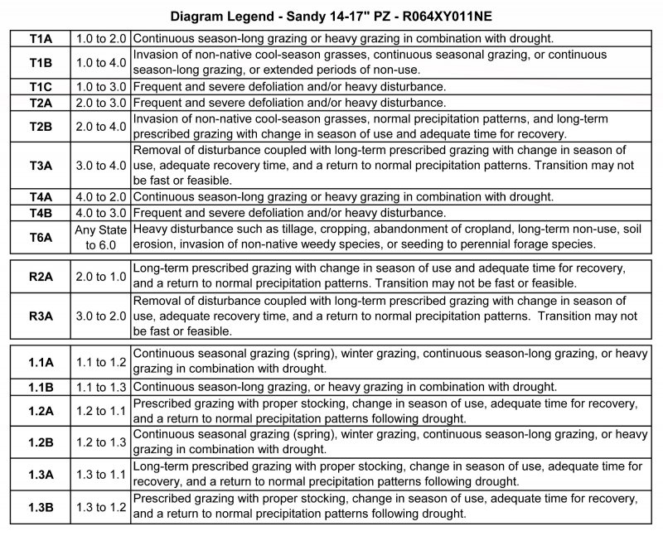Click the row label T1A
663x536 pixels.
point(41,38)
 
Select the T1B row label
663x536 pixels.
point(41,62)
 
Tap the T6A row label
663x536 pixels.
point(41,237)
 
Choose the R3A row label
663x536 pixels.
point(41,316)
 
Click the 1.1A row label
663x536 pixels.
point(41,361)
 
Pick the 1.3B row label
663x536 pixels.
point(41,506)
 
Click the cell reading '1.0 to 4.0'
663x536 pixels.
point(99,62)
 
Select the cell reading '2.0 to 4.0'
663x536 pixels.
point(99,126)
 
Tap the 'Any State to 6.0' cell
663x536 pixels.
point(99,237)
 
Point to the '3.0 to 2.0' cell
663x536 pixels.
point(99,316)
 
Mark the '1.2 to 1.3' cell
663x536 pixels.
point(99,442)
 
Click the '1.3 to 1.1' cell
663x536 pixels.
point(99,474)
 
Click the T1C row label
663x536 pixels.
point(41,87)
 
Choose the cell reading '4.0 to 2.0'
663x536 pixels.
point(99,197)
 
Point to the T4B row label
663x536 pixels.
point(41,213)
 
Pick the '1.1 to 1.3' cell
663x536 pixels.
point(99,387)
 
